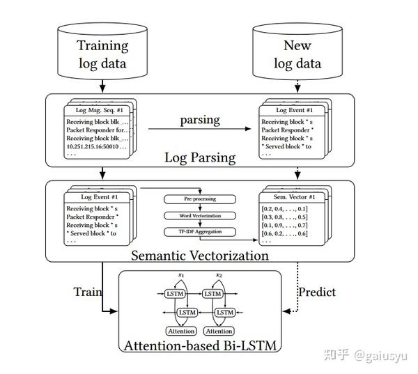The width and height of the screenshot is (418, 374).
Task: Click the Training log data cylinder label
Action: [x=102, y=54]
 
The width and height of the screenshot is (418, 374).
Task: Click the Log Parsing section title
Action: [x=199, y=157]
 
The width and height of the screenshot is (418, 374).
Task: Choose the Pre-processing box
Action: [x=201, y=200]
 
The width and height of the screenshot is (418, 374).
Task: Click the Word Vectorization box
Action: [x=201, y=216]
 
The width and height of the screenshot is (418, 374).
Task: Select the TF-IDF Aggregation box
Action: [x=201, y=231]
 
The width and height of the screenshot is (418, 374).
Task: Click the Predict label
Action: [x=317, y=292]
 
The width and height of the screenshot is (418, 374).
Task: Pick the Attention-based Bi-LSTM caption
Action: [x=200, y=345]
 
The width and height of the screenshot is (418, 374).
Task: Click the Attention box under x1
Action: [x=181, y=331]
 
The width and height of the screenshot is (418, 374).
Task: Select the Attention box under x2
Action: [x=219, y=331]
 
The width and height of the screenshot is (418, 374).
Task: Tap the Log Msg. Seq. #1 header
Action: [x=99, y=110]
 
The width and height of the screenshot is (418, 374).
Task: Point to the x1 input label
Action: [x=181, y=275]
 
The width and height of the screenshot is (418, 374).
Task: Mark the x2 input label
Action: [x=219, y=275]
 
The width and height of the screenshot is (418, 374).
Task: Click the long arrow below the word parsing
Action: [x=199, y=130]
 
